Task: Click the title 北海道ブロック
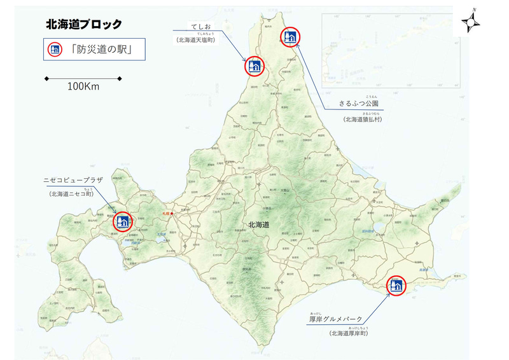click(x=84, y=24)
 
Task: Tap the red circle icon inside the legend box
click(x=55, y=50)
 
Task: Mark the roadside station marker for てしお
click(x=254, y=66)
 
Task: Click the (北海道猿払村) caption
click(x=363, y=119)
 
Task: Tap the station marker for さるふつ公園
click(x=289, y=37)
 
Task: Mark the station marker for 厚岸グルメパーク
click(x=396, y=287)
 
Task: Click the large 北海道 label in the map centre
click(x=258, y=224)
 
